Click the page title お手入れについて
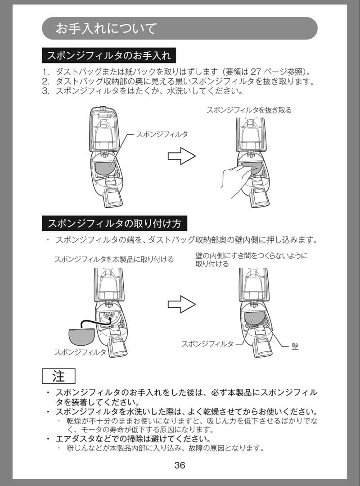tap(106, 29)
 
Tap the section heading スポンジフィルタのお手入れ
tap(108, 56)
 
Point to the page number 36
tap(180, 465)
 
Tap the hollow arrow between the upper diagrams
tap(181, 157)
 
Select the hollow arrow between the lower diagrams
tap(181, 304)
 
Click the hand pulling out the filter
tap(234, 180)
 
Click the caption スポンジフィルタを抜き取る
tap(249, 110)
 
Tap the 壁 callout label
tap(295, 346)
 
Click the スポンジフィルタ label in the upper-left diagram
tap(162, 134)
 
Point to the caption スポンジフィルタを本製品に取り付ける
tap(114, 259)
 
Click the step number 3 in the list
tap(45, 91)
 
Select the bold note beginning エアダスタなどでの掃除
tap(133, 438)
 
